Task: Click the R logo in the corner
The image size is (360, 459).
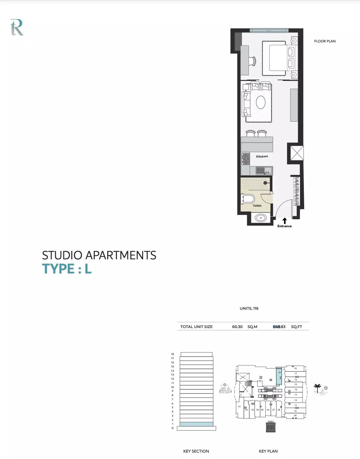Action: click(x=17, y=27)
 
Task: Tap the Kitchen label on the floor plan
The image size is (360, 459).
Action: click(x=262, y=156)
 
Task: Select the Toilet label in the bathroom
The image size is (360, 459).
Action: click(x=257, y=205)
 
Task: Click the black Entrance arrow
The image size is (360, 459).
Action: click(x=284, y=221)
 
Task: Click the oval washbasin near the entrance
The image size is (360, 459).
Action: click(x=261, y=218)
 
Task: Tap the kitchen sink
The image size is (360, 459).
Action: click(x=264, y=170)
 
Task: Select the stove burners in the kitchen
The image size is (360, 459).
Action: click(x=245, y=159)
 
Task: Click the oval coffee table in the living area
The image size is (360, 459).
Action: click(x=261, y=102)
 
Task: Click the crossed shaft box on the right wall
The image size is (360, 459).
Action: click(x=297, y=153)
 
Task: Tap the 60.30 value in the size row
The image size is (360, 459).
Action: click(x=237, y=326)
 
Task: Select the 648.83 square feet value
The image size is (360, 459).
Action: click(x=279, y=326)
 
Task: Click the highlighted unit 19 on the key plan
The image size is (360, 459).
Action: click(x=279, y=377)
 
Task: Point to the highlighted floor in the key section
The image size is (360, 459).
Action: click(x=196, y=424)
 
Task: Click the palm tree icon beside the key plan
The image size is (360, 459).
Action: click(x=317, y=388)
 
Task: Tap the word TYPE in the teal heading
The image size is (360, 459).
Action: click(x=58, y=269)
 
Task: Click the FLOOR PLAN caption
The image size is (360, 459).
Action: click(x=325, y=41)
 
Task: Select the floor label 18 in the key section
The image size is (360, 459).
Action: click(x=172, y=354)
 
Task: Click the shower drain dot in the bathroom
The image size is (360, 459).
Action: click(x=265, y=183)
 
